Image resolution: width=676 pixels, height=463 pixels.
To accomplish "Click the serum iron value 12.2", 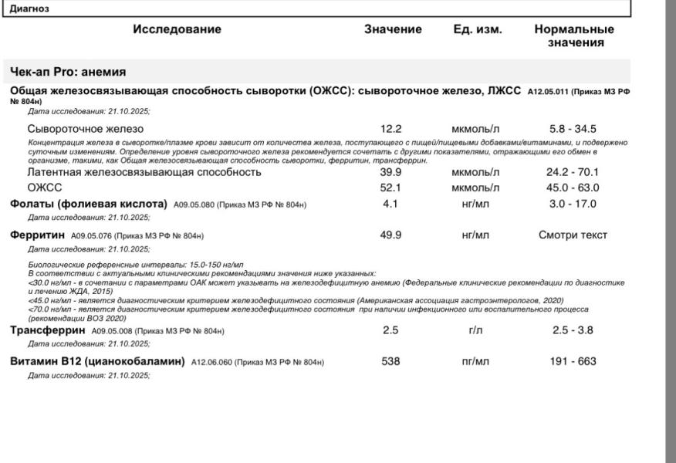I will tap(390, 129).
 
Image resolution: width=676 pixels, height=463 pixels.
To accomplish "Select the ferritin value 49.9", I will tap(390, 235).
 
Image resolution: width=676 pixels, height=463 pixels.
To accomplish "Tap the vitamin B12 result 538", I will tap(390, 361).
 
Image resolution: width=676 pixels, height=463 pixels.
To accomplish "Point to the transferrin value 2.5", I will tap(390, 330).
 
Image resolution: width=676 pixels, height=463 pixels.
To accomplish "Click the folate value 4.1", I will tap(390, 204).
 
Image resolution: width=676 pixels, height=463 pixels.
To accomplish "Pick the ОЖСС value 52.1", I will tap(390, 188).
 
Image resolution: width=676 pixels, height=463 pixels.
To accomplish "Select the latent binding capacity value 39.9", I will tap(390, 172).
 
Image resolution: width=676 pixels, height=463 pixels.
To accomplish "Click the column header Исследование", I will tap(177, 29).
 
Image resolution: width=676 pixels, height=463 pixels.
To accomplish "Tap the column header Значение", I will tap(393, 29).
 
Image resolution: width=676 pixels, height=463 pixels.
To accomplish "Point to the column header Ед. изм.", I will tap(478, 29).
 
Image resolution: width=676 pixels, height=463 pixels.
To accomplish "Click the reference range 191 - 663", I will tap(573, 361).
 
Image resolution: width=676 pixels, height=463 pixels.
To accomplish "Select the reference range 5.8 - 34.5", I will tap(573, 129).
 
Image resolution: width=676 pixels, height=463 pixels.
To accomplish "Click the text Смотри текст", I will tap(573, 235).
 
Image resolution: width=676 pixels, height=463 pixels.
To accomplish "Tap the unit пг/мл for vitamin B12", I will tap(475, 361).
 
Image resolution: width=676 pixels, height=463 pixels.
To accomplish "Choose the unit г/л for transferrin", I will tap(475, 330).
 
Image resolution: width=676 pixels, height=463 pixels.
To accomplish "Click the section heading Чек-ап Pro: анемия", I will tap(68, 72).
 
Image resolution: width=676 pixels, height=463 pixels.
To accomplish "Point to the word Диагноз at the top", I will tap(29, 8).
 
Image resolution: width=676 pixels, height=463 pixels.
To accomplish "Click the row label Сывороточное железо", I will tap(85, 129).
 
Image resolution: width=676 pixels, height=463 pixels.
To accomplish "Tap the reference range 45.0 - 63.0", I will tap(573, 188).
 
